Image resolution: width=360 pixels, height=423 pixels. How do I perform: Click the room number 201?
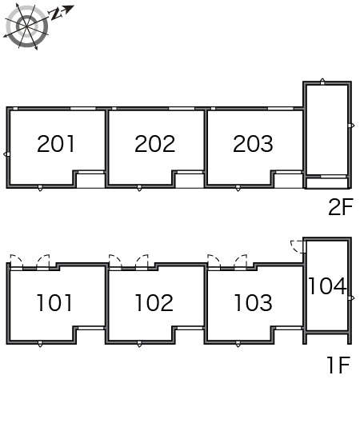pyautogui.click(x=56, y=144)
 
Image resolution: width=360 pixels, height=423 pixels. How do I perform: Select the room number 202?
pyautogui.click(x=155, y=144)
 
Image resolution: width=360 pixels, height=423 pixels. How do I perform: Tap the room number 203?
pyautogui.click(x=253, y=144)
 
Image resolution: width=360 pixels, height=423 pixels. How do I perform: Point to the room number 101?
pyautogui.click(x=54, y=303)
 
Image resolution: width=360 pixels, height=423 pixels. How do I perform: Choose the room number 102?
pyautogui.click(x=154, y=303)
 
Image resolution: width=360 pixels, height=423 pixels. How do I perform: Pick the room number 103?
pyautogui.click(x=253, y=303)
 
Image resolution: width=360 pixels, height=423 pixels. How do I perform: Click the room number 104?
pyautogui.click(x=327, y=286)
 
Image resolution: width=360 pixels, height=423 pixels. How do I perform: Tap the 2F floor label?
pyautogui.click(x=341, y=206)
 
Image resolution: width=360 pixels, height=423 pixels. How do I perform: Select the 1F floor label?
pyautogui.click(x=338, y=365)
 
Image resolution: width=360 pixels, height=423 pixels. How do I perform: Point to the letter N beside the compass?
pyautogui.click(x=54, y=14)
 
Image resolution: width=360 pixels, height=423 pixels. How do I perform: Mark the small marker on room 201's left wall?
pyautogui.click(x=6, y=154)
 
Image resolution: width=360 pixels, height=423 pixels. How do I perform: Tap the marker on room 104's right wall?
pyautogui.click(x=351, y=298)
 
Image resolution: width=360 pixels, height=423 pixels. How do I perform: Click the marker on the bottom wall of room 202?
pyautogui.click(x=139, y=188)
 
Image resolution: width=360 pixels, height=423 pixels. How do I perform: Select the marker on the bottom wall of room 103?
pyautogui.click(x=238, y=344)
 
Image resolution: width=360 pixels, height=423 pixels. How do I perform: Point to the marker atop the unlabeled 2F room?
pyautogui.click(x=322, y=82)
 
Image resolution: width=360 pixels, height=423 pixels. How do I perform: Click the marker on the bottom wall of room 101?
pyautogui.click(x=40, y=344)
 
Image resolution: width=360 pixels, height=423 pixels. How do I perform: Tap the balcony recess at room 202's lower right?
pyautogui.click(x=190, y=180)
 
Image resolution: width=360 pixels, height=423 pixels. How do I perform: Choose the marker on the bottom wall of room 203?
pyautogui.click(x=238, y=188)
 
